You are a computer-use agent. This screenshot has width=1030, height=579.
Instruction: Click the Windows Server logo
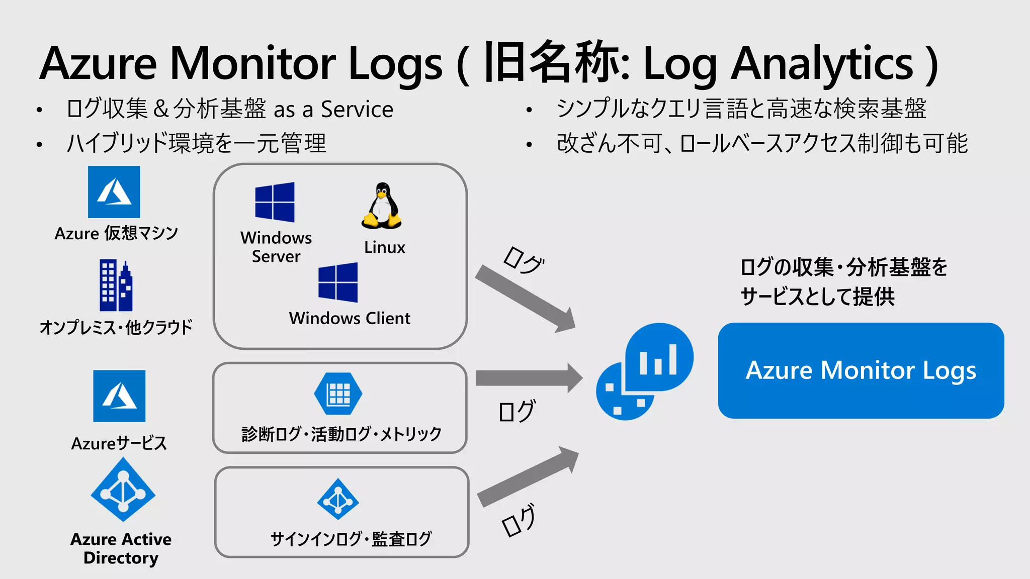point(275,202)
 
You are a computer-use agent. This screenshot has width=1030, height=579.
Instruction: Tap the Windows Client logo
point(338,282)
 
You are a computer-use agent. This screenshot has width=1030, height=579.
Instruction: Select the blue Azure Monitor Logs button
point(861,370)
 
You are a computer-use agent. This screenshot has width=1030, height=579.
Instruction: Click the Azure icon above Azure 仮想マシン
point(114,192)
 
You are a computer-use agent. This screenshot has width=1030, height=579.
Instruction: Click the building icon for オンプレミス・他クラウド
point(116,285)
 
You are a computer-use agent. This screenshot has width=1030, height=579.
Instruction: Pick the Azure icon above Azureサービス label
point(119,396)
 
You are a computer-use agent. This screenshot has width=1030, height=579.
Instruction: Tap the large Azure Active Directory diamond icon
point(123,490)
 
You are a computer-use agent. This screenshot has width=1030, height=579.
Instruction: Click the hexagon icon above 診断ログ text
point(338,394)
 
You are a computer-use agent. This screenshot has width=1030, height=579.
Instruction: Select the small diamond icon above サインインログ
point(338,499)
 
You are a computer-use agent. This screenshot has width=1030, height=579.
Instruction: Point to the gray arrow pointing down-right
point(526,299)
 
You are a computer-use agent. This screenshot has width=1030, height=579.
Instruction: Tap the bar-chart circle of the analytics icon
point(659,357)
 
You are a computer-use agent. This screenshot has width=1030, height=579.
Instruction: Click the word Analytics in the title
point(821,64)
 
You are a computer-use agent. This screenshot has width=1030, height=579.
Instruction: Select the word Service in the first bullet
point(357,109)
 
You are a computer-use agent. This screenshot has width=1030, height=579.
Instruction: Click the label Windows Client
point(350,319)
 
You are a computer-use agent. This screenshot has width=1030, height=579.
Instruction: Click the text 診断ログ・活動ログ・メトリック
point(341,434)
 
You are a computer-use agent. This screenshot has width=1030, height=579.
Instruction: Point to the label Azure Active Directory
point(121,548)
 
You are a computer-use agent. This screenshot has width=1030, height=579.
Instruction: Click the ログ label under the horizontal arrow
point(517,411)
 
